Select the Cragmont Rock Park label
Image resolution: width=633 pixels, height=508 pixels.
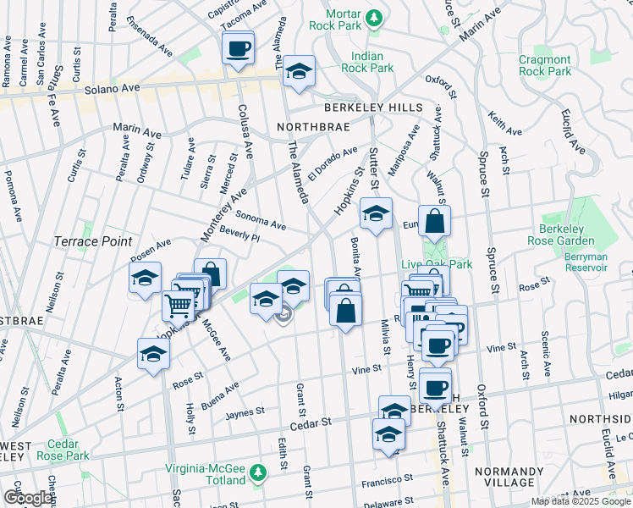coord(545,65)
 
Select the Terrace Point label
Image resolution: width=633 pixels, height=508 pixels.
coord(93,241)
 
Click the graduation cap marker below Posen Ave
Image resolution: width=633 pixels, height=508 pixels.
coord(146,279)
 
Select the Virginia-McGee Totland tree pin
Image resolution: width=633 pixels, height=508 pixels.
coord(258,471)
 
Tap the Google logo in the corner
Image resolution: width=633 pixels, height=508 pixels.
coord(27,497)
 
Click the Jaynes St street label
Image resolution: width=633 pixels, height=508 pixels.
coord(245,411)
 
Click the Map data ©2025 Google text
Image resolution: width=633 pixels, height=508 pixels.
coord(581,501)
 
